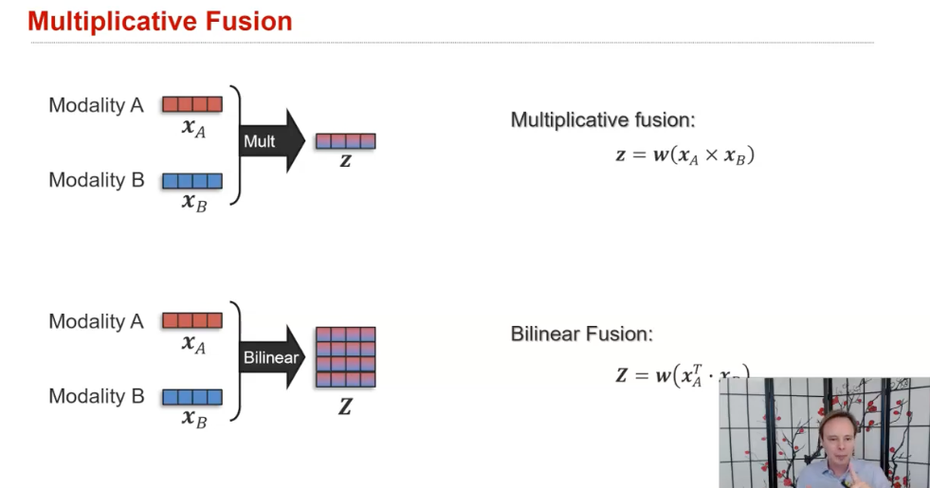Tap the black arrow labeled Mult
tap(271, 141)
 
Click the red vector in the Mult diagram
tap(191, 104)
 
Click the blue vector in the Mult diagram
tap(191, 180)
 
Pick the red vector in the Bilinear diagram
tap(191, 320)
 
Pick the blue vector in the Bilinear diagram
tap(191, 396)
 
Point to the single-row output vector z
tap(345, 141)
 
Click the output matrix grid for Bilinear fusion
tap(345, 357)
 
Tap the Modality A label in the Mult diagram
tap(96, 105)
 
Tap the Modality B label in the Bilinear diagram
tap(96, 396)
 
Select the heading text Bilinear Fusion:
tap(582, 334)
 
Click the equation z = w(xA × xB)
tap(684, 155)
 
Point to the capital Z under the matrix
tap(345, 407)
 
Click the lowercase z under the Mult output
tap(345, 161)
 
